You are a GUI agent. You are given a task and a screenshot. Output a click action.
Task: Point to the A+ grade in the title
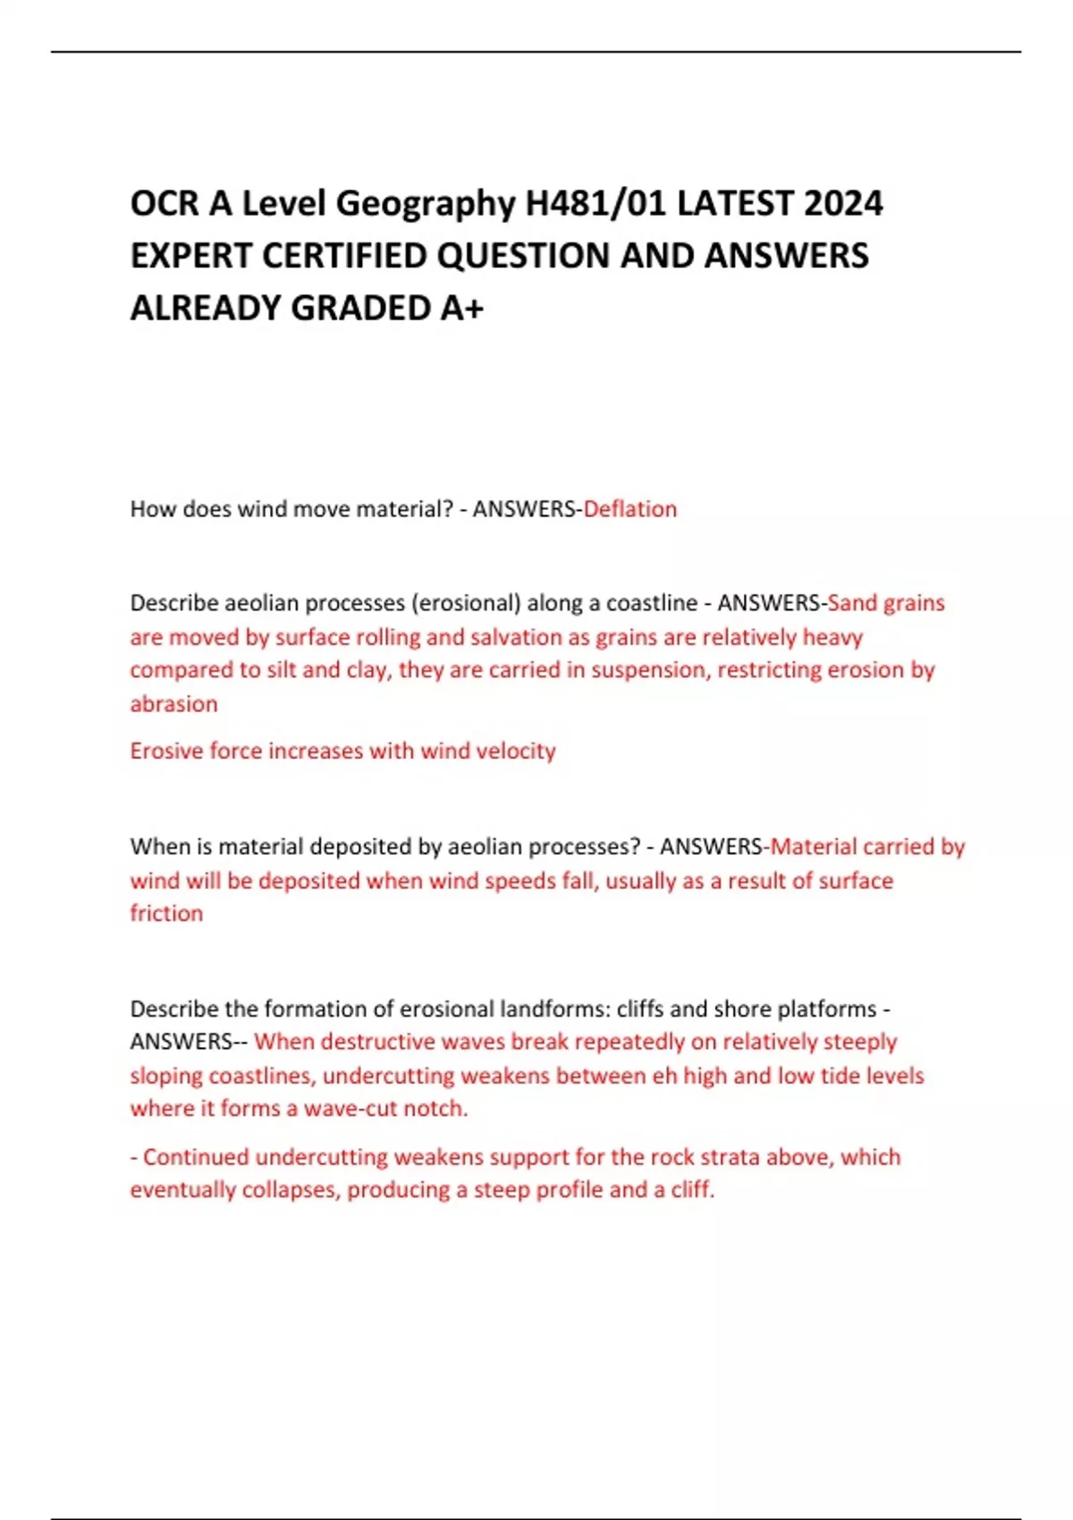point(461,308)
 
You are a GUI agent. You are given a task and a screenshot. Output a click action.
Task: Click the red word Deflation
point(630,510)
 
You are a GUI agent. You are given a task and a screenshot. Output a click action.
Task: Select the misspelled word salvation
point(517,638)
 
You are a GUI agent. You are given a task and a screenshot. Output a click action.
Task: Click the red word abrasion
point(173,705)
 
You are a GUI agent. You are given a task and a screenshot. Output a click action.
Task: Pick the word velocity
point(515,751)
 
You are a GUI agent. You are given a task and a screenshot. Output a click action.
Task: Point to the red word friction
point(166,914)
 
